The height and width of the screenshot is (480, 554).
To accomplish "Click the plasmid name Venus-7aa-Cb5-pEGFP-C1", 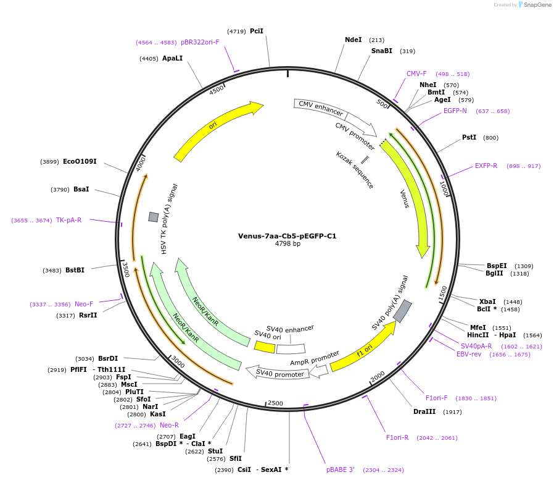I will [x=287, y=236].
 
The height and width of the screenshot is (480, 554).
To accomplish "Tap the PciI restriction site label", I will [x=257, y=31].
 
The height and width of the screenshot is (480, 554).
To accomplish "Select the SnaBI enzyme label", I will [x=381, y=51].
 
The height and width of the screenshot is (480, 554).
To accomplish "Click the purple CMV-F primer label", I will [x=416, y=74].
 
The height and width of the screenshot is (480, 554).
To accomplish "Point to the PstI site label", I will [x=469, y=137].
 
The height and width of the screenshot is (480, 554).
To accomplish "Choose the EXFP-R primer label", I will [x=486, y=166].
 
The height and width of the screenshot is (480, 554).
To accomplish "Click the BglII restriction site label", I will [x=494, y=273].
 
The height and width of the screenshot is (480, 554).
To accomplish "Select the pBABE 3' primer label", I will [x=341, y=469].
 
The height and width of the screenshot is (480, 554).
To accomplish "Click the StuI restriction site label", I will [x=215, y=451].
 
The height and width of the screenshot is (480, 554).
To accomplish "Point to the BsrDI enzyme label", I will [x=108, y=358].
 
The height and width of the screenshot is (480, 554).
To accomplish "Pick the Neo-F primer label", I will [x=84, y=304].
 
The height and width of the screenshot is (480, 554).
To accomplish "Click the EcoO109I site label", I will [x=80, y=161].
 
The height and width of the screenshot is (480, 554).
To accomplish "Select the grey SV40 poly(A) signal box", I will [x=402, y=311].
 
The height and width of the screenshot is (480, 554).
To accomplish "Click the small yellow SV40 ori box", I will [x=265, y=347].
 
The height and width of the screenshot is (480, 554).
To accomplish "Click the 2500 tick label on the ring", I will [x=275, y=403].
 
